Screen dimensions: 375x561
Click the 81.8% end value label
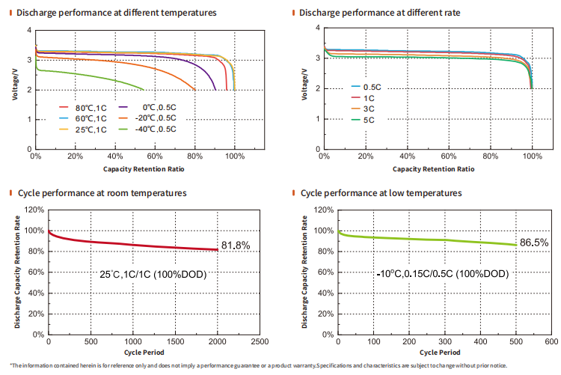pos(235,246)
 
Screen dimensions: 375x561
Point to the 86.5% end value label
pos(533,243)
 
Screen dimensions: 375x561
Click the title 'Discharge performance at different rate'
pos(379,13)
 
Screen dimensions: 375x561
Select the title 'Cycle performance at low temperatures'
pos(381,193)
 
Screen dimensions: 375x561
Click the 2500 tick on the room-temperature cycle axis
pos(260,341)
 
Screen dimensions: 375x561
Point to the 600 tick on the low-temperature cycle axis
pos(551,341)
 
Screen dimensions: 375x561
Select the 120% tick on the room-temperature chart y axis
pos(34,210)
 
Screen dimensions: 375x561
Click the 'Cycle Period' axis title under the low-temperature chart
pos(439,351)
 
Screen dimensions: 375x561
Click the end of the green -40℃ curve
pos(144,89)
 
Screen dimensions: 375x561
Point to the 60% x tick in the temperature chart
pos(155,156)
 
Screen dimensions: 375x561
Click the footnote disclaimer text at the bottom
pos(280,366)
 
